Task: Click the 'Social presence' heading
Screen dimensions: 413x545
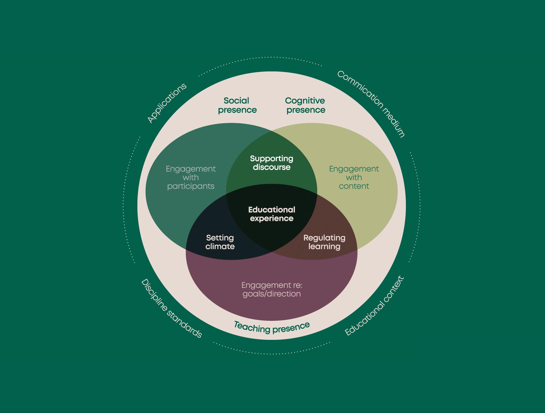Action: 237,105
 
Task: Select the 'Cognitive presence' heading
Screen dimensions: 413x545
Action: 305,105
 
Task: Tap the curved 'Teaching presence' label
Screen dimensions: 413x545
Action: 272,327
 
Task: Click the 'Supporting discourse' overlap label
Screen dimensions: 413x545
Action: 272,163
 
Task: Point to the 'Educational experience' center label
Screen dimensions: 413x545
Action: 272,214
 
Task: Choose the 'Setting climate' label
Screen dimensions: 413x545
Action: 220,242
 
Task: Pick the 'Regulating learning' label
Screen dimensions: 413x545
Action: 324,242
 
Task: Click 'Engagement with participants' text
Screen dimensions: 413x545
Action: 191,177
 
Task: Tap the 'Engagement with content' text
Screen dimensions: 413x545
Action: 354,177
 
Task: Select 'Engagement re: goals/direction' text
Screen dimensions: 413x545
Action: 272,289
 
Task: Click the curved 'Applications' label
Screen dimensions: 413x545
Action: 167,103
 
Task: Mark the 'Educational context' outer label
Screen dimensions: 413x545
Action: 374,306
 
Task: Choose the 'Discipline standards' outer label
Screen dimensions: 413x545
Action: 171,308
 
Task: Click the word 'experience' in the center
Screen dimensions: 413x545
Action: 272,219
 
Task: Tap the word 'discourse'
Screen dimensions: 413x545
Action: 272,167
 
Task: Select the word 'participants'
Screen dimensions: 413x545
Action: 191,186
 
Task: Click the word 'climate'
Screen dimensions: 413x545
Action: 220,247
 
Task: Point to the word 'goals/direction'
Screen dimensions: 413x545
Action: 272,294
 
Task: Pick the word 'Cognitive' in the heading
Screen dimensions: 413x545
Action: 305,101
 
